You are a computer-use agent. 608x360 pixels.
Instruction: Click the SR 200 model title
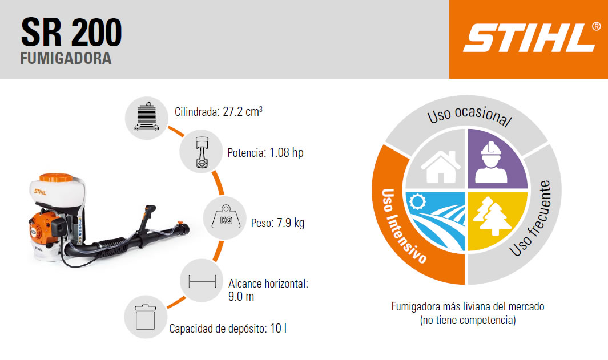tap(72, 32)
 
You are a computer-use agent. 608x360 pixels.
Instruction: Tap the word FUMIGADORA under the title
tap(66, 58)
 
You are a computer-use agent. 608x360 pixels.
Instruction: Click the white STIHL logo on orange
tap(532, 37)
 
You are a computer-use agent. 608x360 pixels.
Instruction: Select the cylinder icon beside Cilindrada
tap(147, 116)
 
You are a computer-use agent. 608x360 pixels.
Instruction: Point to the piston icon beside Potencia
tap(201, 152)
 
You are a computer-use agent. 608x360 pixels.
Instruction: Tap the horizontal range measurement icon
tap(202, 281)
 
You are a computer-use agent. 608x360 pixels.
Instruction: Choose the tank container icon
tap(146, 317)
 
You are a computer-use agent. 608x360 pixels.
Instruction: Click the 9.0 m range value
tap(241, 297)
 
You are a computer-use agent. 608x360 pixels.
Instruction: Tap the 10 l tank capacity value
tap(279, 329)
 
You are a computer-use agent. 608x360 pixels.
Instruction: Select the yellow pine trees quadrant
tap(497, 221)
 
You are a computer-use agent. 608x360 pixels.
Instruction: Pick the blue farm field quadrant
tap(436, 221)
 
